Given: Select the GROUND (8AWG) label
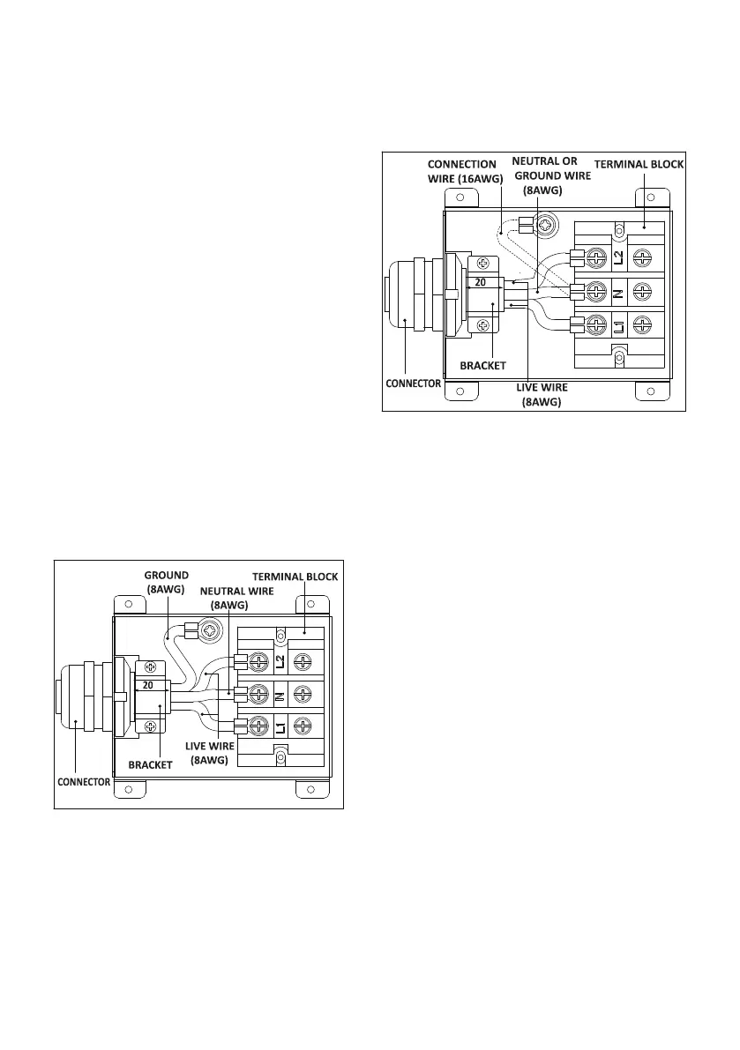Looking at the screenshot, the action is pos(167,582).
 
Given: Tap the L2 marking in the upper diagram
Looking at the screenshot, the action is pos(618,257).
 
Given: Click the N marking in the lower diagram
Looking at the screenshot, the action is pos(279,696).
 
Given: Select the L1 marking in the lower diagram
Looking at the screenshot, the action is pos(279,729).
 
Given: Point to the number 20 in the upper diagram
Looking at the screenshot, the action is pos(482,283).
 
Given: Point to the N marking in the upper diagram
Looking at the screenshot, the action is pos(618,292).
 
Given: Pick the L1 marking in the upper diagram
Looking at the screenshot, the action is pos(618,325).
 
